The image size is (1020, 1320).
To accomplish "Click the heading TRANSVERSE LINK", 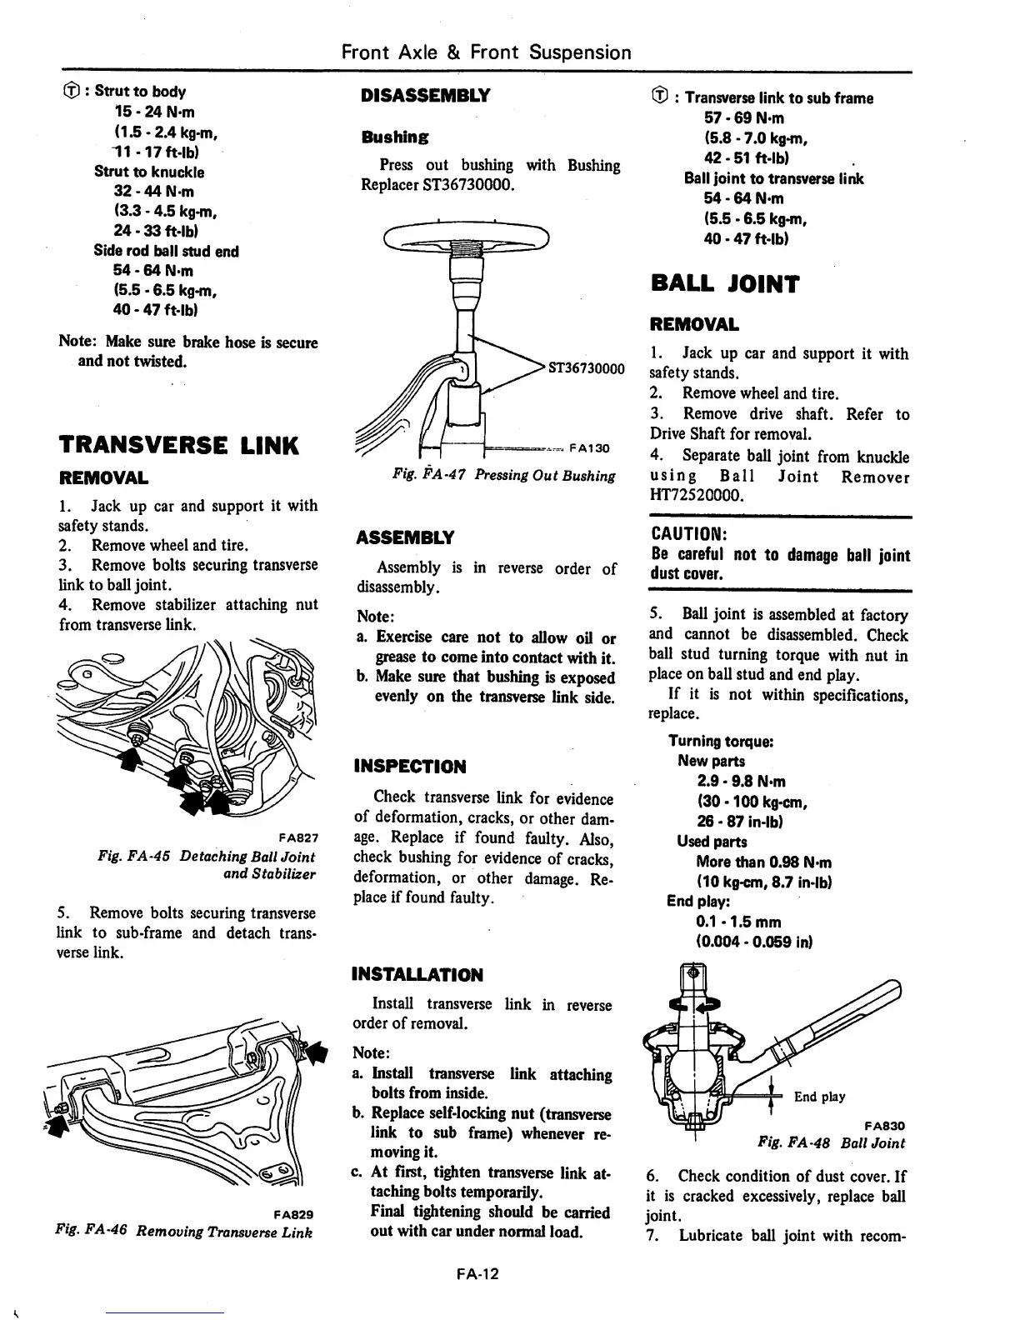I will tap(178, 445).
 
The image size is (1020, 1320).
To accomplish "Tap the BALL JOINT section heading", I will tap(724, 284).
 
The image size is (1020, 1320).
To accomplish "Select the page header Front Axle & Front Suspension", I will tap(487, 52).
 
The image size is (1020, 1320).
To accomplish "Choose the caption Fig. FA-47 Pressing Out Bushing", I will tap(504, 475).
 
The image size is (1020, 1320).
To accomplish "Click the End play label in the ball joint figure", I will tap(819, 1097).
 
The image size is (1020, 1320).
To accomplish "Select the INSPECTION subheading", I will tap(410, 767).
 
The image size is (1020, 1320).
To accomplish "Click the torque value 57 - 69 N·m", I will tap(744, 118).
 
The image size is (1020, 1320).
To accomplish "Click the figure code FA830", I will tap(885, 1125).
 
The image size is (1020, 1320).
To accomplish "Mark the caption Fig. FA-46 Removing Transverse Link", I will tap(183, 1231).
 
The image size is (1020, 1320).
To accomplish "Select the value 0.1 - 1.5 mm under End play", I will tap(738, 922).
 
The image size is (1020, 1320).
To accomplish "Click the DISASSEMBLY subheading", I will tap(425, 95).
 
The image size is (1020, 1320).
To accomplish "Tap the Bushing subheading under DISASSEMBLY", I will tap(395, 137).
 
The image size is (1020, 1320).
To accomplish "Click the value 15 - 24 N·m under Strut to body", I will tap(155, 112).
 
